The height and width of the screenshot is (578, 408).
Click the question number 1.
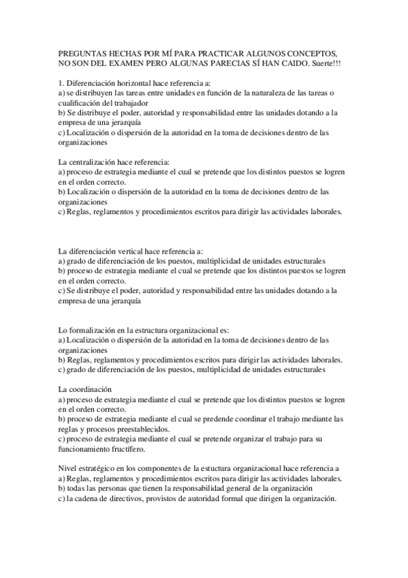[61, 82]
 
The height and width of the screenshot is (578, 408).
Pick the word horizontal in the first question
[131, 82]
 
